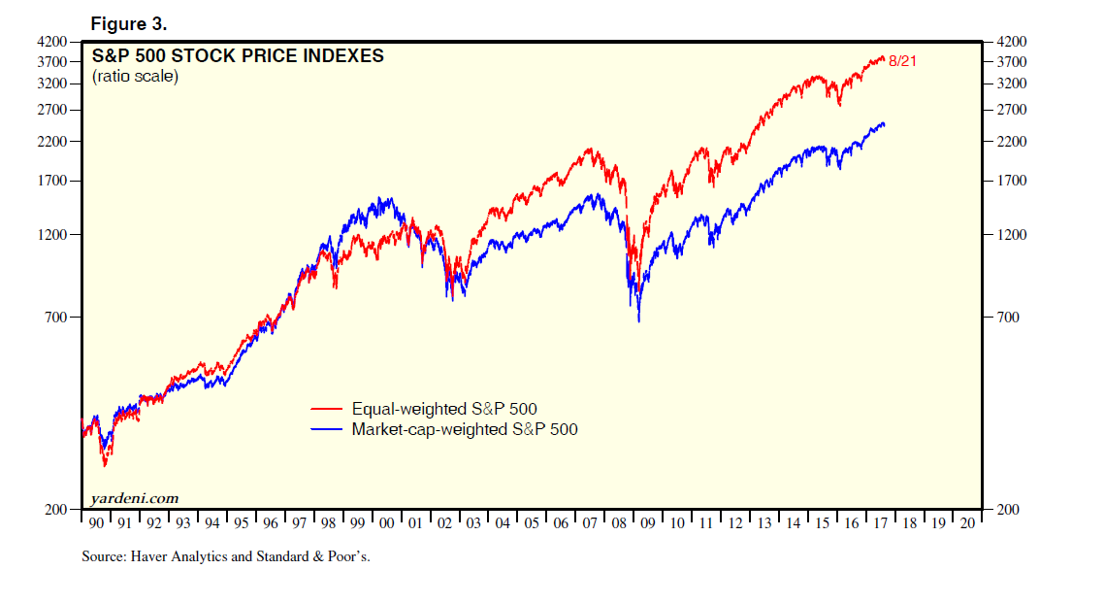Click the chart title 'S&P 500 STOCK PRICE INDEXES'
[238, 56]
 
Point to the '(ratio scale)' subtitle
[135, 77]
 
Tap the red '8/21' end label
[902, 61]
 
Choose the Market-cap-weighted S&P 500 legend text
[465, 428]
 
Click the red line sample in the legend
[327, 410]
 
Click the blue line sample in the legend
[327, 428]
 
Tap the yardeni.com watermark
[135, 498]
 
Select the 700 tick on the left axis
[56, 318]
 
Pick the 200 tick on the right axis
[1007, 509]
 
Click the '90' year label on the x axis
[96, 523]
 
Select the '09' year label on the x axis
[649, 523]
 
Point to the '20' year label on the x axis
[967, 523]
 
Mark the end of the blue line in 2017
[883, 124]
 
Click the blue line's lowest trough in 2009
[638, 320]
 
